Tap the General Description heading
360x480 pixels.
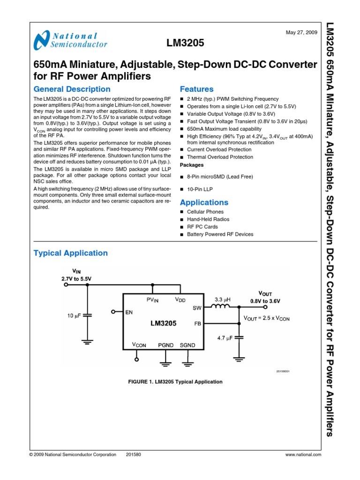tap(72, 89)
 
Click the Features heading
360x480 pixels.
tap(196, 89)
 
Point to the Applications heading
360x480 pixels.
tap(204, 202)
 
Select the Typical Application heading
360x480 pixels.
tap(70, 253)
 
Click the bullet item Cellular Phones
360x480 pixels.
tap(205, 212)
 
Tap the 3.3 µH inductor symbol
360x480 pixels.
tap(221, 307)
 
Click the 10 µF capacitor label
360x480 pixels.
tap(75, 316)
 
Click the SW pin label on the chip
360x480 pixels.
tap(196, 308)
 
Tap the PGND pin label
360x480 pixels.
tap(165, 345)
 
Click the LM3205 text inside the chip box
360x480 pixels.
tap(163, 323)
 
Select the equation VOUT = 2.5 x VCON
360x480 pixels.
tap(267, 318)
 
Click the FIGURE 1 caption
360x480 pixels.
tap(175, 382)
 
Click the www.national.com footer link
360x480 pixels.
tap(303, 455)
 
